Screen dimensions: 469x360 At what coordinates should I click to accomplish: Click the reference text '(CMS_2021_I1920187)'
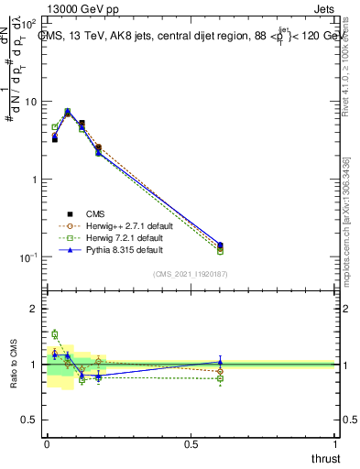[191, 273]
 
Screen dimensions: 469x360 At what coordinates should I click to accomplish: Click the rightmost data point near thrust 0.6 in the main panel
[220, 245]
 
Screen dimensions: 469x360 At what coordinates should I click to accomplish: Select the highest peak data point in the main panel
[68, 112]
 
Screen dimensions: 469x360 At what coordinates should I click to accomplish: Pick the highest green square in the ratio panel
[55, 334]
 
